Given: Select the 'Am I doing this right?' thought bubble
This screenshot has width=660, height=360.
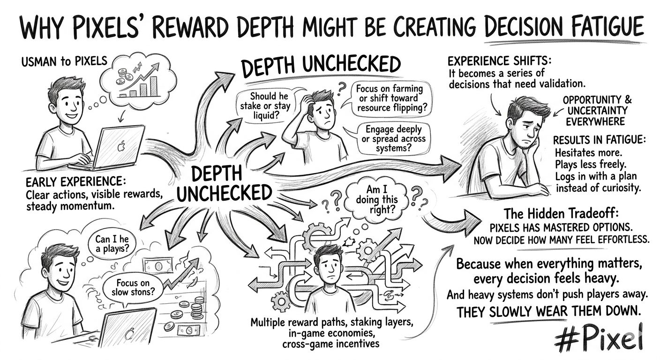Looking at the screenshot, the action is point(373,200).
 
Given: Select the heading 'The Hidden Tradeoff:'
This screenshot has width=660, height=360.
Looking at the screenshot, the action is point(561,213).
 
